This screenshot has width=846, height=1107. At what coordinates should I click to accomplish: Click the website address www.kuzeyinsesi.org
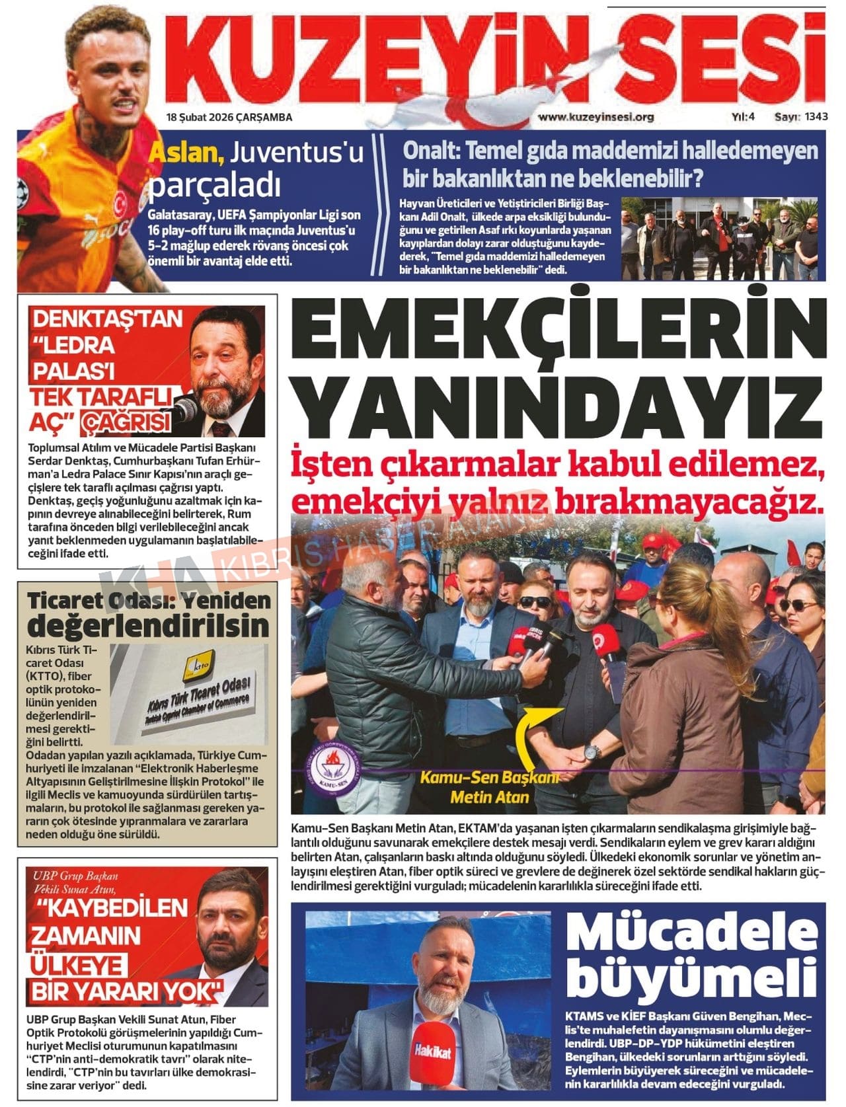(596, 117)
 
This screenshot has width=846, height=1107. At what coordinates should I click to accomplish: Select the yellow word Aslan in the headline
(186, 153)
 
